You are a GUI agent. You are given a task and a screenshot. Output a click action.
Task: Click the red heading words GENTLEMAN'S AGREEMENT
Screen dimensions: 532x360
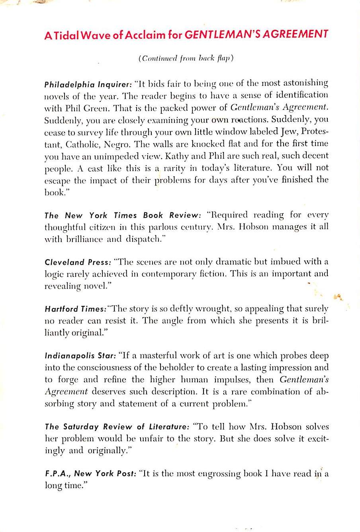[256, 34]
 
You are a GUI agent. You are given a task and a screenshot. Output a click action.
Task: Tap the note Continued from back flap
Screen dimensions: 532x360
[186, 58]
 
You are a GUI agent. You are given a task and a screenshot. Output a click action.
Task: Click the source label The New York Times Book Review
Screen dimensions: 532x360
[123, 215]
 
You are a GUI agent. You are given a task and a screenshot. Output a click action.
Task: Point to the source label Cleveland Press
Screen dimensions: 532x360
[77, 262]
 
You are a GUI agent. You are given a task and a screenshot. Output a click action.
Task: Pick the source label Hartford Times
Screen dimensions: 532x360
[75, 309]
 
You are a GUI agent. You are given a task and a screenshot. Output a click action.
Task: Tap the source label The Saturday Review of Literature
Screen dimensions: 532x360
[117, 427]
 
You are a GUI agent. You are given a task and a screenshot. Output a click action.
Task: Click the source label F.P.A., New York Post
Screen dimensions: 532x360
[90, 474]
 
